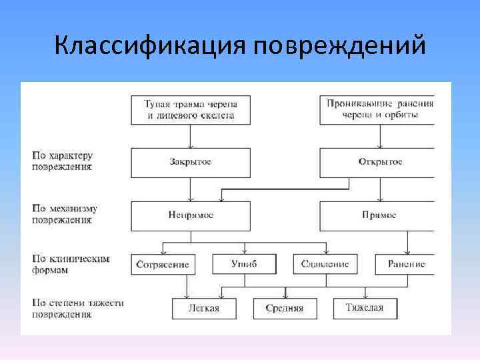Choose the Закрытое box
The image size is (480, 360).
point(191,162)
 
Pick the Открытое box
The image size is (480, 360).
point(380,162)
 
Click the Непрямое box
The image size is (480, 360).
point(191,215)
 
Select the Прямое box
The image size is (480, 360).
point(380,215)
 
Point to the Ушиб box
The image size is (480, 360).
point(243,264)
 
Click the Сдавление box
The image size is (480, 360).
point(325,264)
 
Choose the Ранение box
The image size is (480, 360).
point(406,264)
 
